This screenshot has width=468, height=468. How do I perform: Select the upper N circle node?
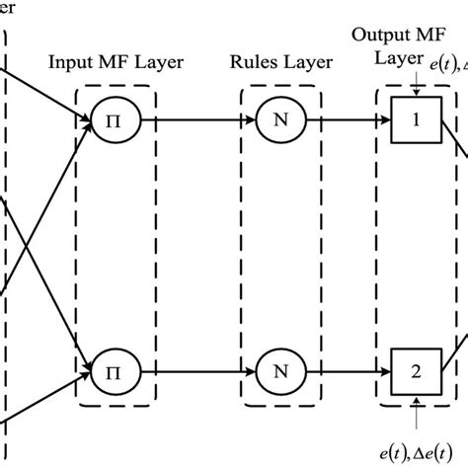[x=278, y=123]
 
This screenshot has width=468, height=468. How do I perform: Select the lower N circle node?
[x=278, y=375]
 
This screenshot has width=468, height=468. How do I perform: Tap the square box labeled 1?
[x=414, y=123]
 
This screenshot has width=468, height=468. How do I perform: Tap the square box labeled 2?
[x=414, y=375]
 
